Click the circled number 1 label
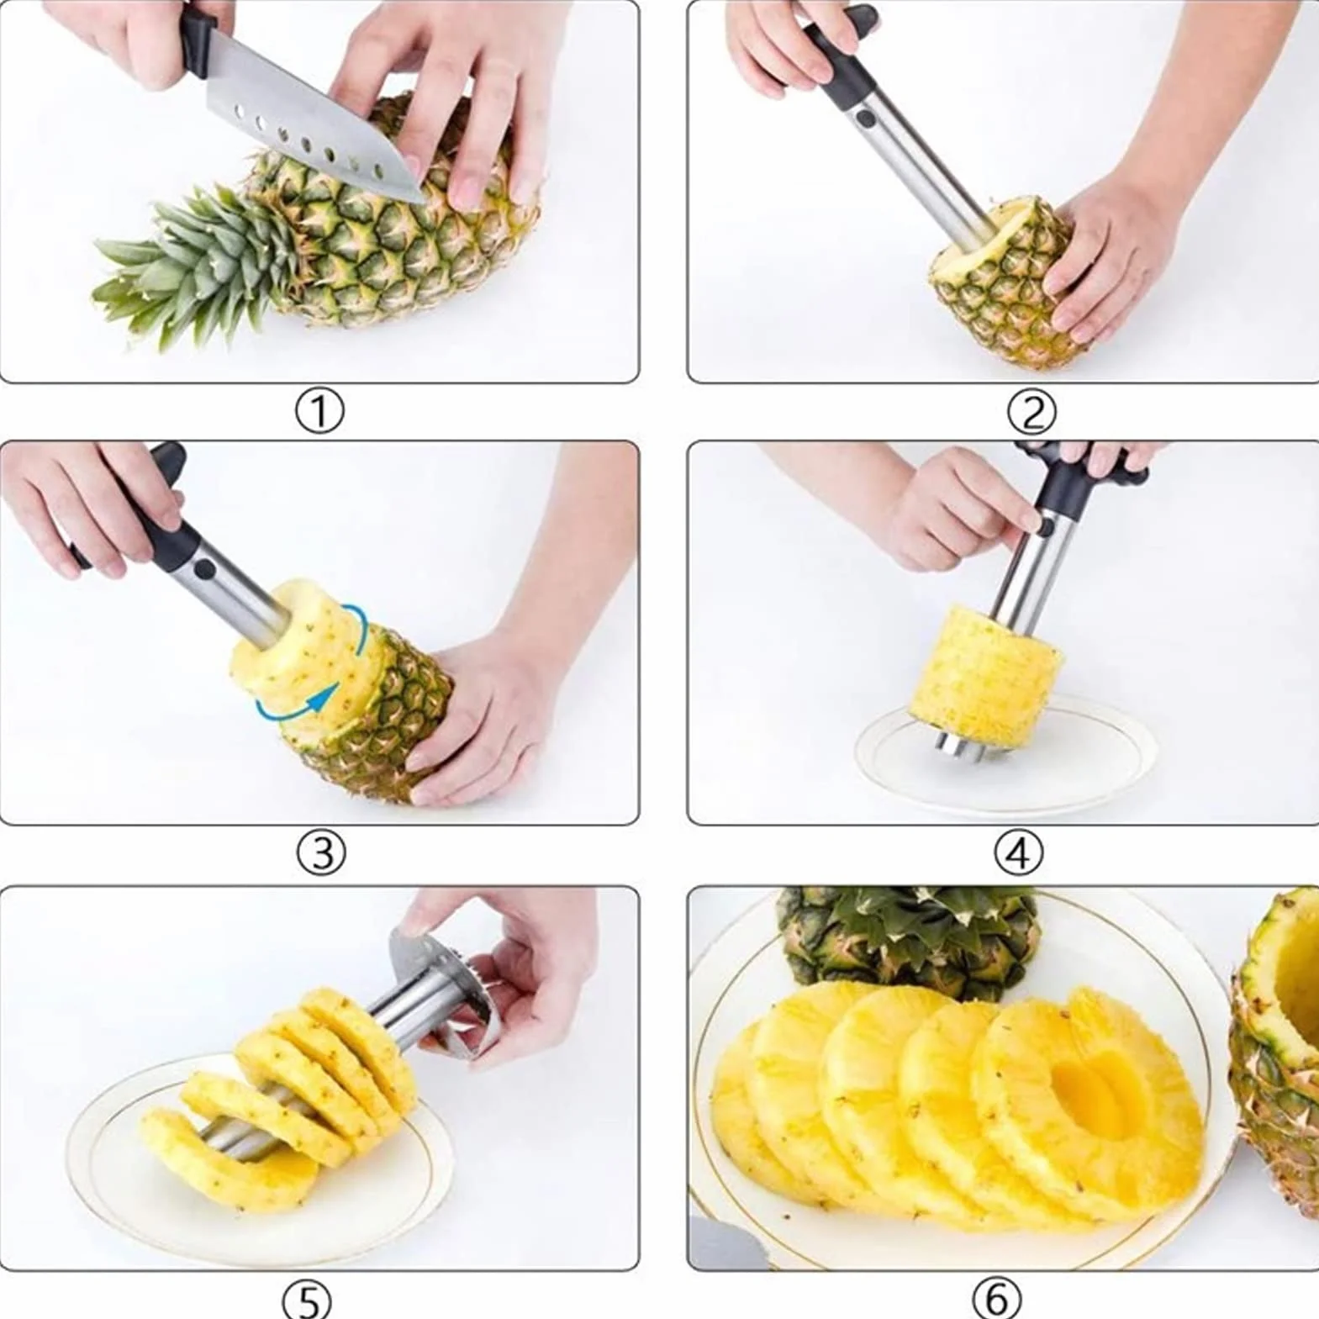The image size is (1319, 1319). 319,411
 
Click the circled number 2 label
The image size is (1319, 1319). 1031,411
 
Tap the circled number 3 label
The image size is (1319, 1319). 321,852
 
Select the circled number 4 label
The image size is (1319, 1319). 1018,852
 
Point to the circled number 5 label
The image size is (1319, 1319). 307,1299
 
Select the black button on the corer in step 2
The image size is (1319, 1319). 863,118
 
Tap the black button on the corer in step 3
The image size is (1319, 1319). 203,569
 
